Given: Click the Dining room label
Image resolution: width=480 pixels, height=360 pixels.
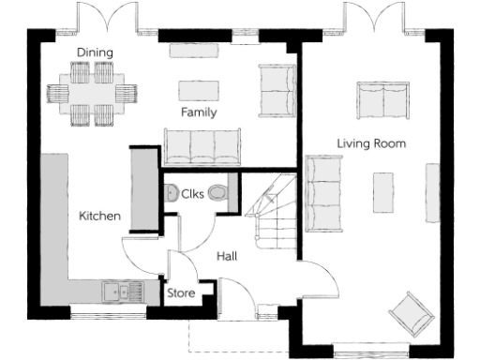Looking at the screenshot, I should pos(96,53).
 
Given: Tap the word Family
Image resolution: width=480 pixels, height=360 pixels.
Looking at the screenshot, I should pos(199,112).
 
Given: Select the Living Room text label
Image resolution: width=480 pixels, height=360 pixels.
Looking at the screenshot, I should pos(371,143).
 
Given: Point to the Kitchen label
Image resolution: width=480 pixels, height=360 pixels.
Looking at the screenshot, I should pos(99,217).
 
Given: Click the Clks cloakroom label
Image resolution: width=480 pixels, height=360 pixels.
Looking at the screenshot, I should pos(194,194).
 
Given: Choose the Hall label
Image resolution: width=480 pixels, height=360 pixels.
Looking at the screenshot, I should pos(227,255).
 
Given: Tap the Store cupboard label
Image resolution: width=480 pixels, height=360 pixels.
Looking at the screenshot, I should pos(181,293).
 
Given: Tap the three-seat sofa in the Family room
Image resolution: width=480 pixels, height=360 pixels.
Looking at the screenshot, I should pos(202,146).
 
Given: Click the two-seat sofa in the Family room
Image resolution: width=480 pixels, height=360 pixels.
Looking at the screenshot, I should pos(277,89).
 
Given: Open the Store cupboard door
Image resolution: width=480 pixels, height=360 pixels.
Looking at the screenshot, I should pos(170,262).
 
